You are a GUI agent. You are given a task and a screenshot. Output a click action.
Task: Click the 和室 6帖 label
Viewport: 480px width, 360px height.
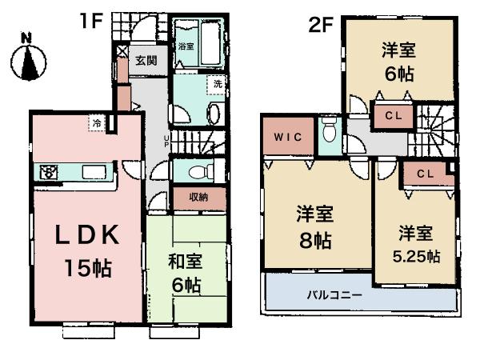185,271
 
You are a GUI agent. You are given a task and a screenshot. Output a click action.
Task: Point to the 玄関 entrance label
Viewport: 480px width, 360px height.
146,61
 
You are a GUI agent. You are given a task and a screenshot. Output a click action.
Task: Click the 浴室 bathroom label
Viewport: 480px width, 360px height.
186,46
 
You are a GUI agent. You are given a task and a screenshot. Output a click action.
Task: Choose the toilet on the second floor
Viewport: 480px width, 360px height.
329,133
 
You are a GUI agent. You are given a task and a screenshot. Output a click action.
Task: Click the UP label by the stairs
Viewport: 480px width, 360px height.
166,141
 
